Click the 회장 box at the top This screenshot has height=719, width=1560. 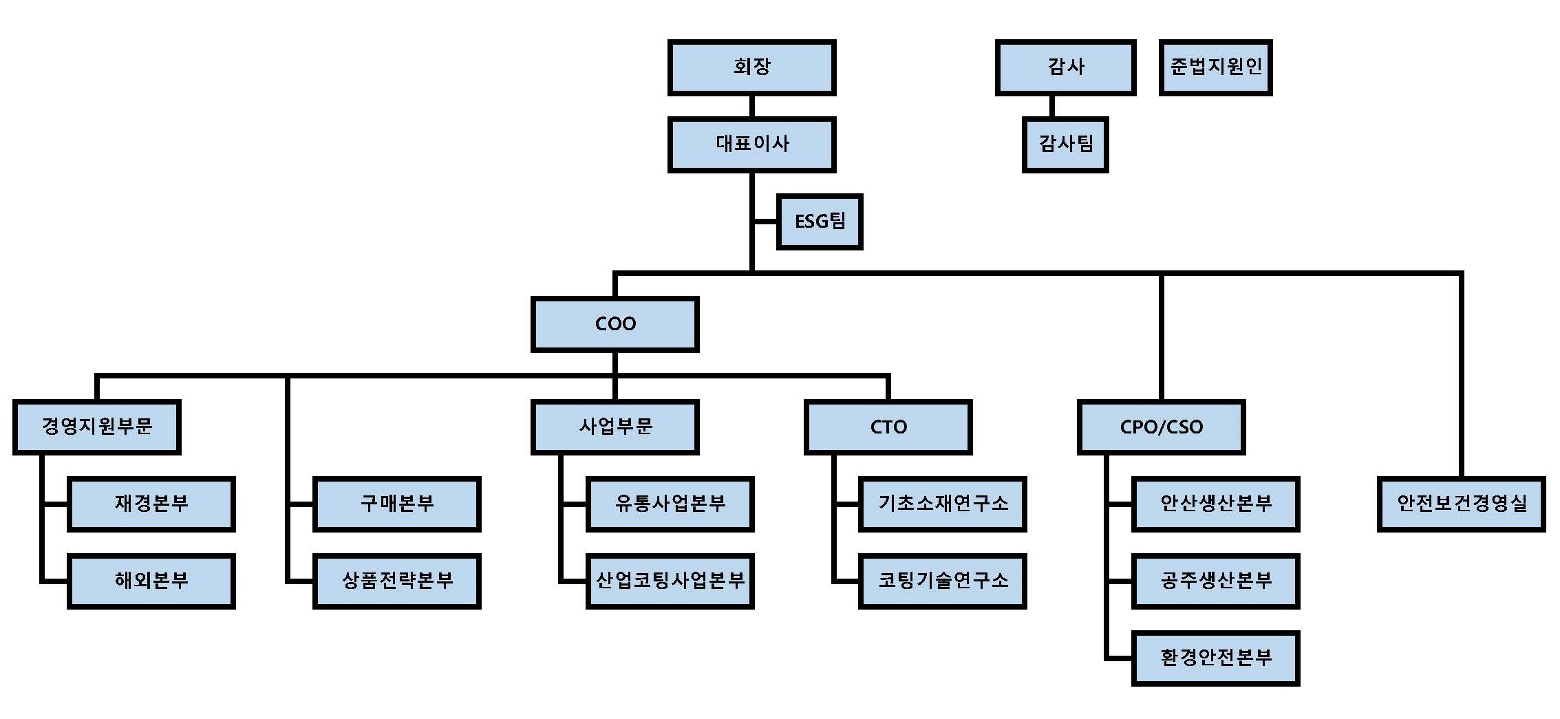point(751,67)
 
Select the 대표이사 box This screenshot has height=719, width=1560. point(751,144)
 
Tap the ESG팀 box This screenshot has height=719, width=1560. point(819,221)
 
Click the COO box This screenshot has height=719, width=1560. point(615,324)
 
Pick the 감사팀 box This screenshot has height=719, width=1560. point(1065,144)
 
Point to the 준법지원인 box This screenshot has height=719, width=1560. point(1215,67)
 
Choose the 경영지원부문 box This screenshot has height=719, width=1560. point(96,427)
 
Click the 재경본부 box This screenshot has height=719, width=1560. point(151,504)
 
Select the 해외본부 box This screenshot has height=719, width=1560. point(151,581)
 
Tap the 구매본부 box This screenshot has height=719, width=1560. point(396,504)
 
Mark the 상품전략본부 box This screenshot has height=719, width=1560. point(396,581)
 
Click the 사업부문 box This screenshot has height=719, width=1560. point(615,427)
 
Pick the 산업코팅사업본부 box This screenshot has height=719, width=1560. point(670,581)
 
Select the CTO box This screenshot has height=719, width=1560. point(888,427)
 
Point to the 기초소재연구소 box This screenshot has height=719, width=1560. point(942,504)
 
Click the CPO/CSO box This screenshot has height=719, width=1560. point(1161,427)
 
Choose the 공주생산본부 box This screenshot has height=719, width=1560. point(1215,581)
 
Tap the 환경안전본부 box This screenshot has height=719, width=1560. point(1215,658)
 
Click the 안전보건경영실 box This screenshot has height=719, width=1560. point(1461,504)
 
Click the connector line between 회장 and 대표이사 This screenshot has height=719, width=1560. point(751,106)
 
